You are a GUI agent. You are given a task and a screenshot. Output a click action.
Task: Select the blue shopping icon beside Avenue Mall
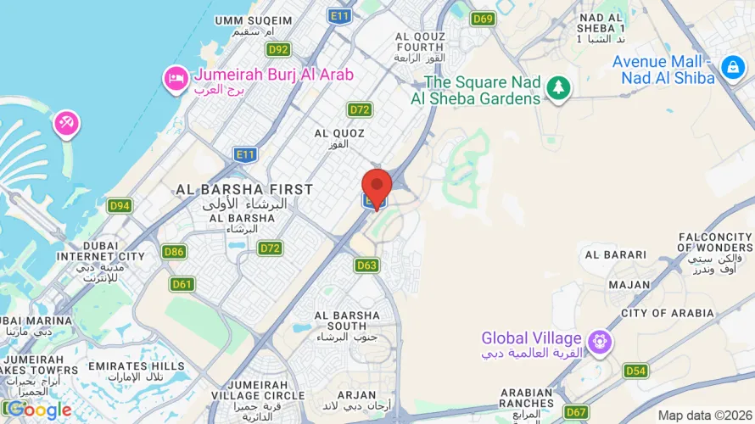(731, 67)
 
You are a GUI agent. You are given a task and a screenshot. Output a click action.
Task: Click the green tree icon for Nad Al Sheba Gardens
(558, 86)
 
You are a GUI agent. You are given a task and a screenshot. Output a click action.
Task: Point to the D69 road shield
(484, 19)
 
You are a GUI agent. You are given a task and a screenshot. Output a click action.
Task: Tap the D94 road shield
(120, 205)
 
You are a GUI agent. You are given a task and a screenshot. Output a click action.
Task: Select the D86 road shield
(175, 252)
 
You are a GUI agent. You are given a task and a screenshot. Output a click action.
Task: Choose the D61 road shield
(182, 284)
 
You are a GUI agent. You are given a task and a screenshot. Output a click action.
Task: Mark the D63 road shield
(366, 265)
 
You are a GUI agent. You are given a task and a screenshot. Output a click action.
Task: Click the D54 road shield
(635, 371)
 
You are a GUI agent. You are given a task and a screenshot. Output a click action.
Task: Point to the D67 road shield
(576, 412)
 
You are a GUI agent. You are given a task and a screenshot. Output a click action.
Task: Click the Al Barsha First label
(244, 189)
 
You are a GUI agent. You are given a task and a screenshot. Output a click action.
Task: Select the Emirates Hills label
(141, 365)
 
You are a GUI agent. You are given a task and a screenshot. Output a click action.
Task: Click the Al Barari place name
(615, 254)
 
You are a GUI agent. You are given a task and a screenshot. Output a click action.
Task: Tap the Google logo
(37, 410)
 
